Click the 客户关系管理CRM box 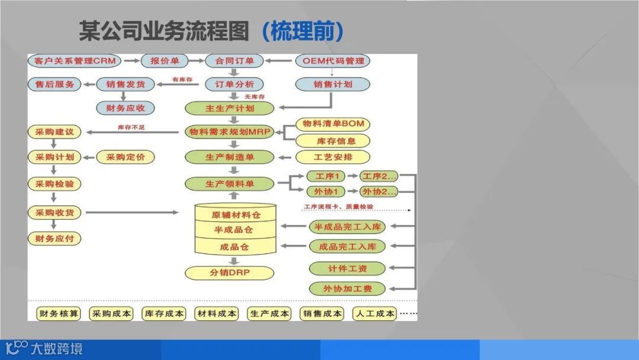[74, 61]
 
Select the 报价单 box [164, 61]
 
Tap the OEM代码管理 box [333, 61]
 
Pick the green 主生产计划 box [230, 108]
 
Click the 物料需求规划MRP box [230, 131]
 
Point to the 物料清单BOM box [333, 124]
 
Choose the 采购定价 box [125, 157]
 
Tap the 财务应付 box [54, 239]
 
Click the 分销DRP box [230, 273]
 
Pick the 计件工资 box [347, 268]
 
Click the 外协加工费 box [347, 289]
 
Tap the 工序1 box [326, 176]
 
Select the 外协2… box [379, 191]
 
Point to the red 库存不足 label [131, 127]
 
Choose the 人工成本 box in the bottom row [374, 314]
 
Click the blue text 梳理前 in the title [302, 31]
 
